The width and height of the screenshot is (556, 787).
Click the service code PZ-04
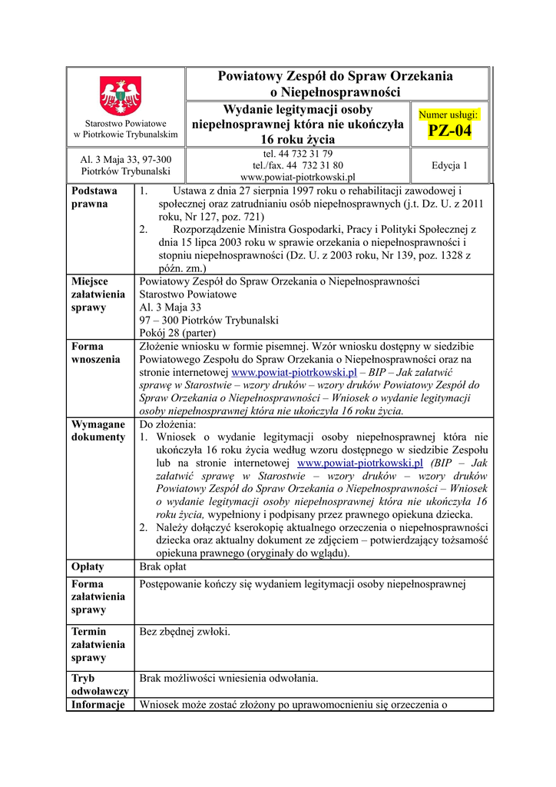pos(449,132)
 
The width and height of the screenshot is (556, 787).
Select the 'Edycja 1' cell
pos(449,165)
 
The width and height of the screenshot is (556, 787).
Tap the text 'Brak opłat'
pos(163,566)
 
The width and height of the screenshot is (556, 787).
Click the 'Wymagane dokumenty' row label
pos(98,430)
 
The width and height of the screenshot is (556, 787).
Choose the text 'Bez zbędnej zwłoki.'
pos(184,632)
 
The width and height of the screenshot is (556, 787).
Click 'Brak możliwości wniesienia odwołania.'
pos(229,678)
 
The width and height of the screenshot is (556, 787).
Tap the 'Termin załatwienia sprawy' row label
pos(98,645)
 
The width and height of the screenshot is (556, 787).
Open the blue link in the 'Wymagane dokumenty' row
pos(360,463)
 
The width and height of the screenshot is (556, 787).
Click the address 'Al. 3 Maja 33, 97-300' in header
pos(126,159)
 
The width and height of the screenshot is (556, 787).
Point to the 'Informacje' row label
pos(98,705)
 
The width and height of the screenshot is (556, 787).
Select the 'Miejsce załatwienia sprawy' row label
pos(98,294)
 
